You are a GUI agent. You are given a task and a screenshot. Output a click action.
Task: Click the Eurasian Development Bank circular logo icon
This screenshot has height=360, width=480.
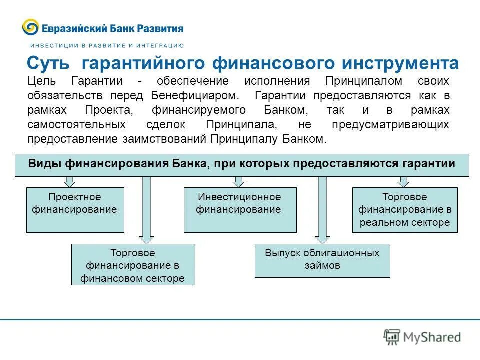(x=30, y=27)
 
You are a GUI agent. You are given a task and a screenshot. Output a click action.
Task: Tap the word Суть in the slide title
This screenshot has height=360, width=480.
(x=51, y=64)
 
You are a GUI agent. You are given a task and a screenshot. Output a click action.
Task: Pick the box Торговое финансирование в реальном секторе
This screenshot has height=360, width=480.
(x=405, y=210)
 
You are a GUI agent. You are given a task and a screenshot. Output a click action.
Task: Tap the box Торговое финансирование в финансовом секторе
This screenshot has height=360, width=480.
(x=133, y=264)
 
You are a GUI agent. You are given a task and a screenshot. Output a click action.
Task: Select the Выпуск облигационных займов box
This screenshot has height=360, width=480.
(x=322, y=260)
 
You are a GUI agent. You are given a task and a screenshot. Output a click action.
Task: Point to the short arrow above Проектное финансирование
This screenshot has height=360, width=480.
(x=70, y=181)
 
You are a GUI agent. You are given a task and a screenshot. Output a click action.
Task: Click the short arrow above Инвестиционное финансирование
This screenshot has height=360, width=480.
(x=238, y=181)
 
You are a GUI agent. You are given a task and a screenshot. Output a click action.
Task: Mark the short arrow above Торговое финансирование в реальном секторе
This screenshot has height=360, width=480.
(x=403, y=181)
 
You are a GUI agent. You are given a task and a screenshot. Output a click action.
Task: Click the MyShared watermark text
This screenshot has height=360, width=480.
(x=432, y=337)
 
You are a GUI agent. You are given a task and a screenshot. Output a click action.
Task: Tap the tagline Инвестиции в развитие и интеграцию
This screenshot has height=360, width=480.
(x=105, y=45)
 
